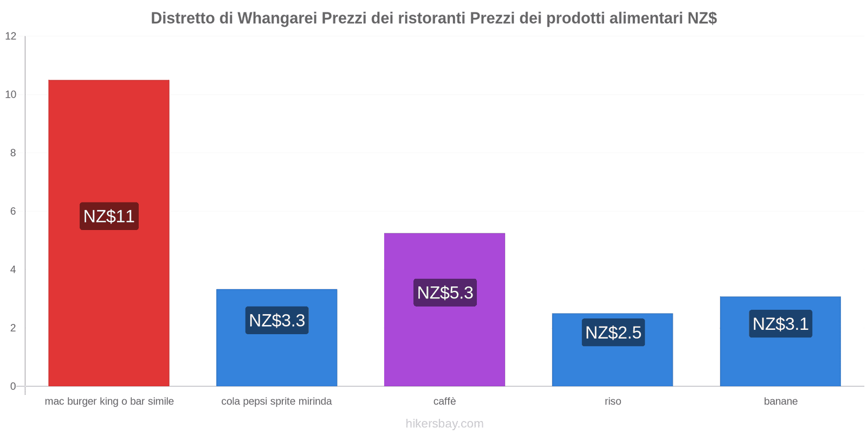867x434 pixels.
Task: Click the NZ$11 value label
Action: point(109,216)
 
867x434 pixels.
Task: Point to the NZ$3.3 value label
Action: point(277,321)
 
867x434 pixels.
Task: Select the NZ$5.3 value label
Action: point(445,293)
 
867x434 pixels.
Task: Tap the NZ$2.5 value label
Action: point(613,333)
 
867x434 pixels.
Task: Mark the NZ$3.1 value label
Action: point(780,324)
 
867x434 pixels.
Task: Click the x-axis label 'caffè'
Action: point(444,401)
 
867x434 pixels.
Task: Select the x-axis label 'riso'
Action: point(613,401)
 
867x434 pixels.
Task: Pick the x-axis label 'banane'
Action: point(780,401)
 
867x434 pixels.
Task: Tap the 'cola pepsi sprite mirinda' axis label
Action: point(276,401)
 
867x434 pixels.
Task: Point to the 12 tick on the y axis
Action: point(11,36)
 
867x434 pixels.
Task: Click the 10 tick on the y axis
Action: point(11,94)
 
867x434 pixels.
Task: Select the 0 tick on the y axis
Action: point(13,386)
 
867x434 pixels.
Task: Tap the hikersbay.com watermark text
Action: point(444,424)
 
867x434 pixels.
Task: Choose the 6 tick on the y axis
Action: point(13,212)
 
